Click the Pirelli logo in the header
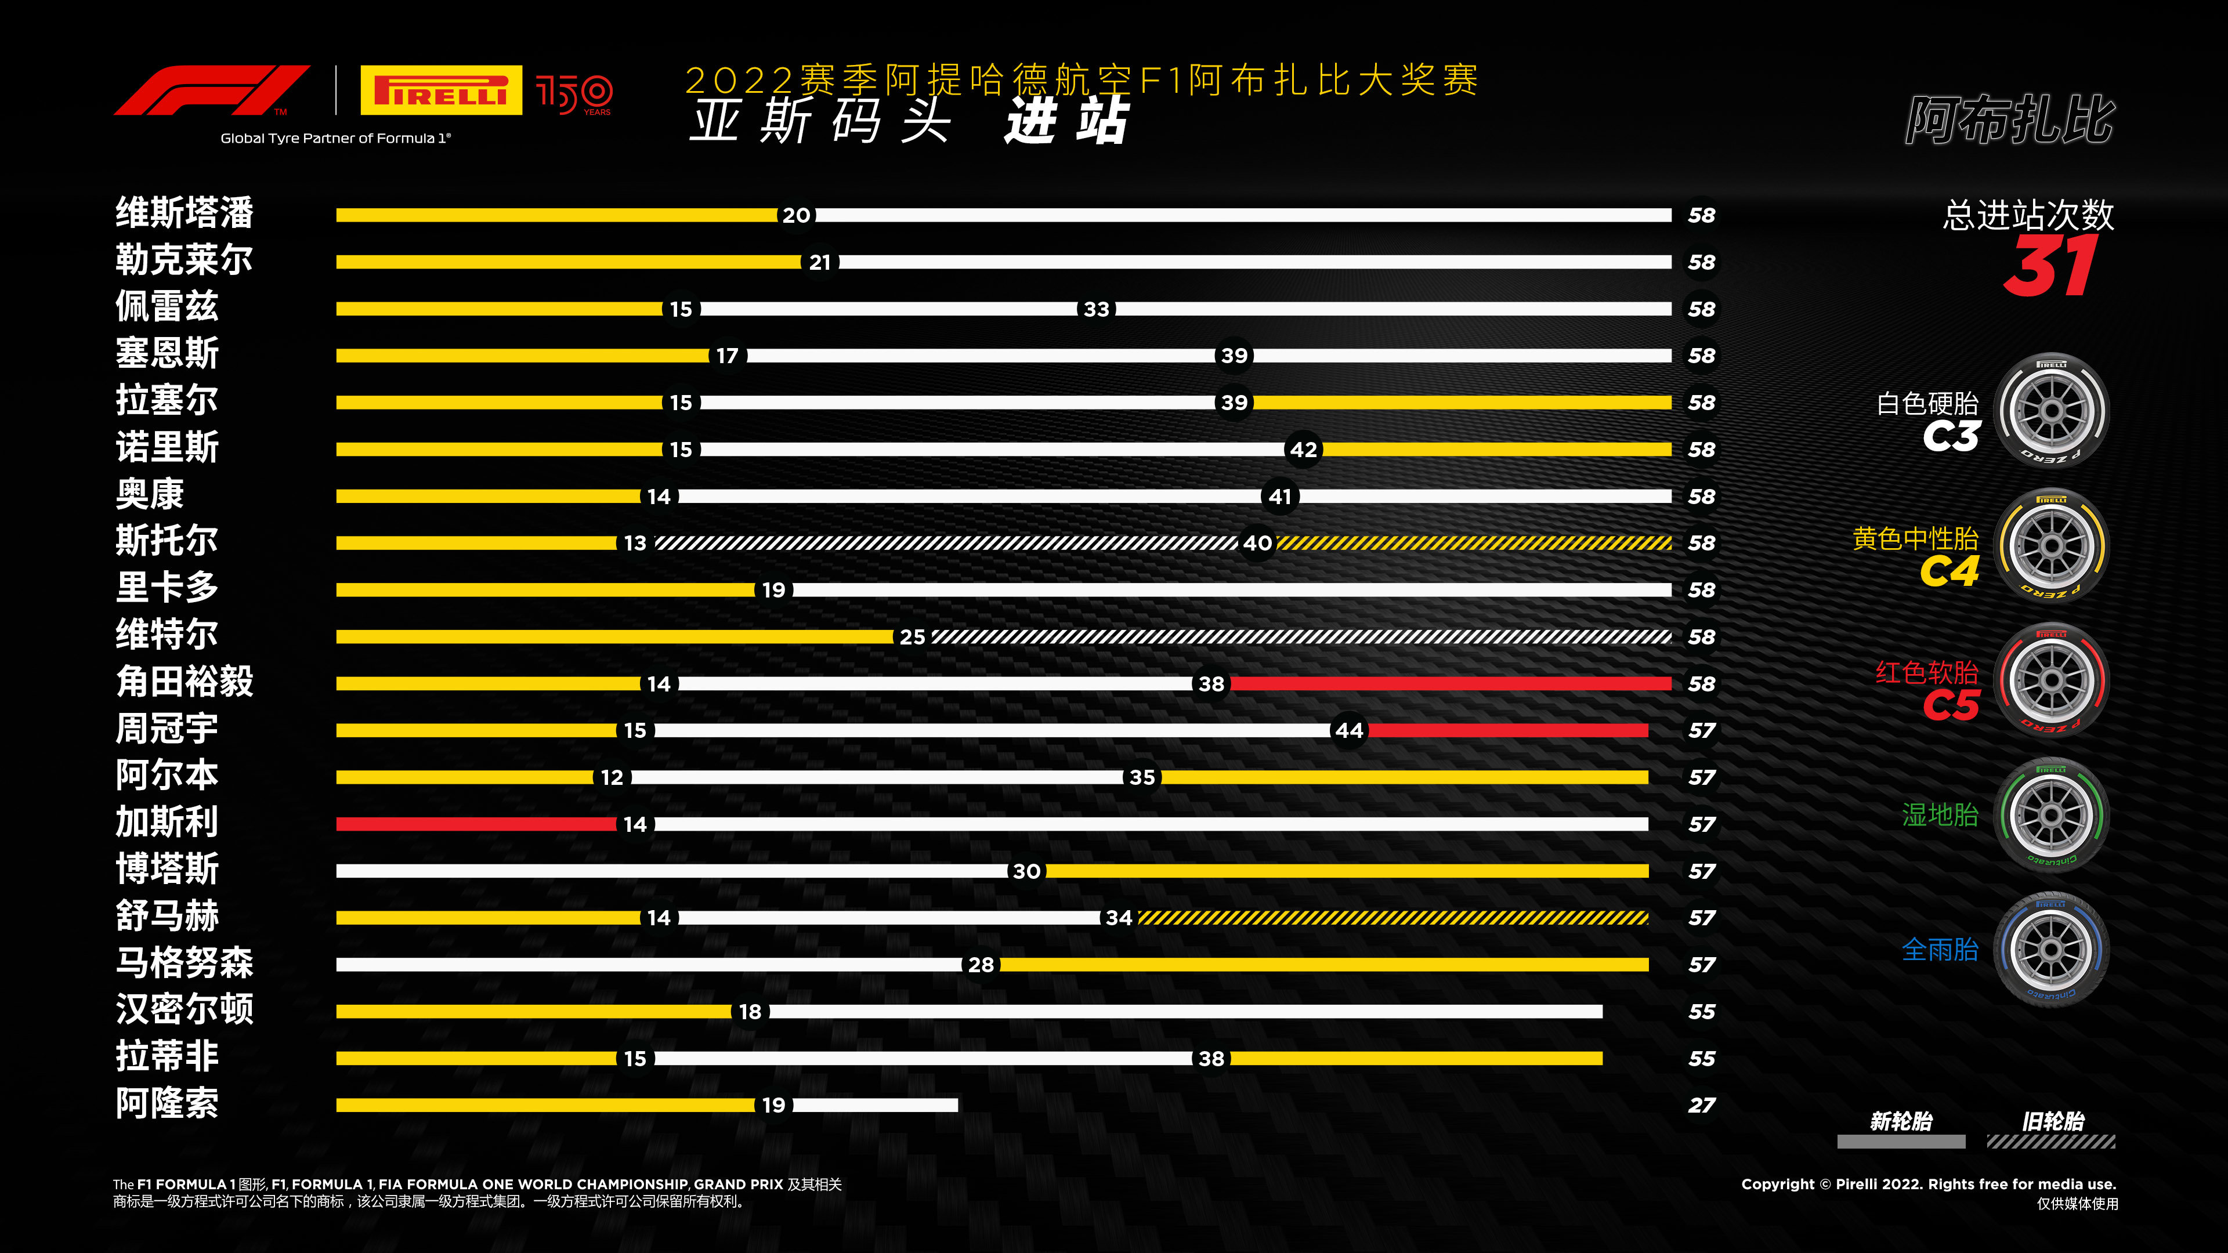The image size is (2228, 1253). coord(441,90)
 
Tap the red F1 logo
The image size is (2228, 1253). coord(212,90)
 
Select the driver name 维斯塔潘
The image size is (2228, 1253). coord(185,213)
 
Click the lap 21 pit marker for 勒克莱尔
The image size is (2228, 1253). coord(820,262)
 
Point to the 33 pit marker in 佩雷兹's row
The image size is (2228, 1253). coord(1097,309)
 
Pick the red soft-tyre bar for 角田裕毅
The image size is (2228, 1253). coord(1451,684)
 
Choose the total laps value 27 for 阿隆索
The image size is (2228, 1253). coord(1701,1105)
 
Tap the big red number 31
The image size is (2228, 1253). coord(2050,266)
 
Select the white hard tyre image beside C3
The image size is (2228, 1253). coord(2052,410)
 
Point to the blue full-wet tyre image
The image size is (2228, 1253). coord(2052,950)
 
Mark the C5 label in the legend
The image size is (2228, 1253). coord(1951,705)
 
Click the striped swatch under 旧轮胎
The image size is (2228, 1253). coord(2050,1142)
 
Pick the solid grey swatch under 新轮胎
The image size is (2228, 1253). coord(1901,1142)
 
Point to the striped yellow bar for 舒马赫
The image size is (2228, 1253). coord(1393,918)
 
